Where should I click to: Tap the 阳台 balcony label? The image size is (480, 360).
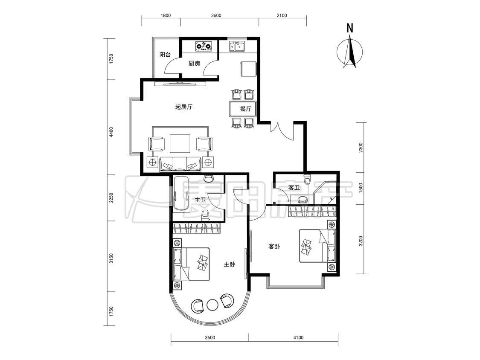pos(165,55)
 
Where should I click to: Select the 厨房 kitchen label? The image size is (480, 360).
pos(194,64)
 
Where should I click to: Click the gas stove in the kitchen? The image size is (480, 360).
pos(204,46)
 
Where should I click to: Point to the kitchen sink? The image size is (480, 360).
pos(237,46)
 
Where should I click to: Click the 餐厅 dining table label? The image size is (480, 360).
pos(246,109)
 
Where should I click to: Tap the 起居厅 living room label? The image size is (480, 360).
pos(183,107)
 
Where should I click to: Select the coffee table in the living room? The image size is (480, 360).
pos(180,143)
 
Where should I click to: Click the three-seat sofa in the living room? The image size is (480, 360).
pos(180,164)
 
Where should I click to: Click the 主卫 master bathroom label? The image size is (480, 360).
pos(200,200)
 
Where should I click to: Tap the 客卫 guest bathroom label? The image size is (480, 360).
pos(294,188)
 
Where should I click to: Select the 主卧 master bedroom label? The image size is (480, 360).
pos(229,264)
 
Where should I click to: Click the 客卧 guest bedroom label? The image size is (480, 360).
pos(274,246)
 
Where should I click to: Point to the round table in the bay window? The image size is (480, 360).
pos(212,305)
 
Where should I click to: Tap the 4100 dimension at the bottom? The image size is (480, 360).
pos(298,338)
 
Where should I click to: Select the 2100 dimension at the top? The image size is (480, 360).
pos(282,15)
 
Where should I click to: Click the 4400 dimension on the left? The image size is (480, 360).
pos(111,132)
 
